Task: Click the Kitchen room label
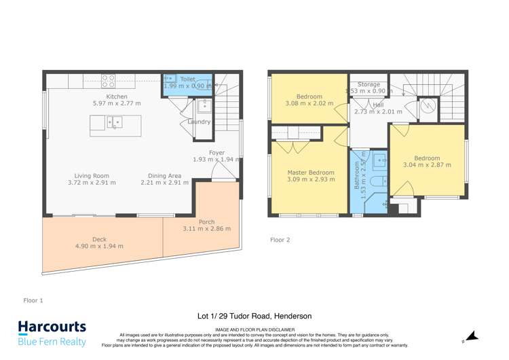coord(117,97)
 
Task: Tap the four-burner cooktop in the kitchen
coord(109,81)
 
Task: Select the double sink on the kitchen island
coord(113,123)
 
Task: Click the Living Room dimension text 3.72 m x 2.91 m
coord(92,183)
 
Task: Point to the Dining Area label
coord(164,175)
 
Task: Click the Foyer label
coord(216,153)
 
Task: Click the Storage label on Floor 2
coord(369,84)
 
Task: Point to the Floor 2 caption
coord(280,240)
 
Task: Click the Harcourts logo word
coord(52,327)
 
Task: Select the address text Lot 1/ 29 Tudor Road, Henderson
coord(254,316)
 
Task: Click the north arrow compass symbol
coord(473,336)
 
